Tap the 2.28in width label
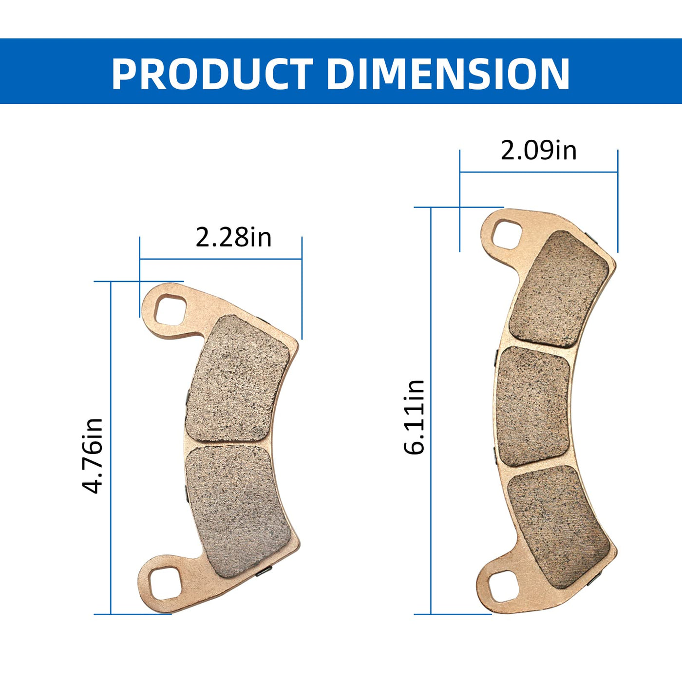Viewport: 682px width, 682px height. (233, 237)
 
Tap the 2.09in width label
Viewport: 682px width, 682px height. (539, 151)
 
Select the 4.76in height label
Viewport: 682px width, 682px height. (93, 456)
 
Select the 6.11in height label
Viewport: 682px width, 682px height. (414, 417)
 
